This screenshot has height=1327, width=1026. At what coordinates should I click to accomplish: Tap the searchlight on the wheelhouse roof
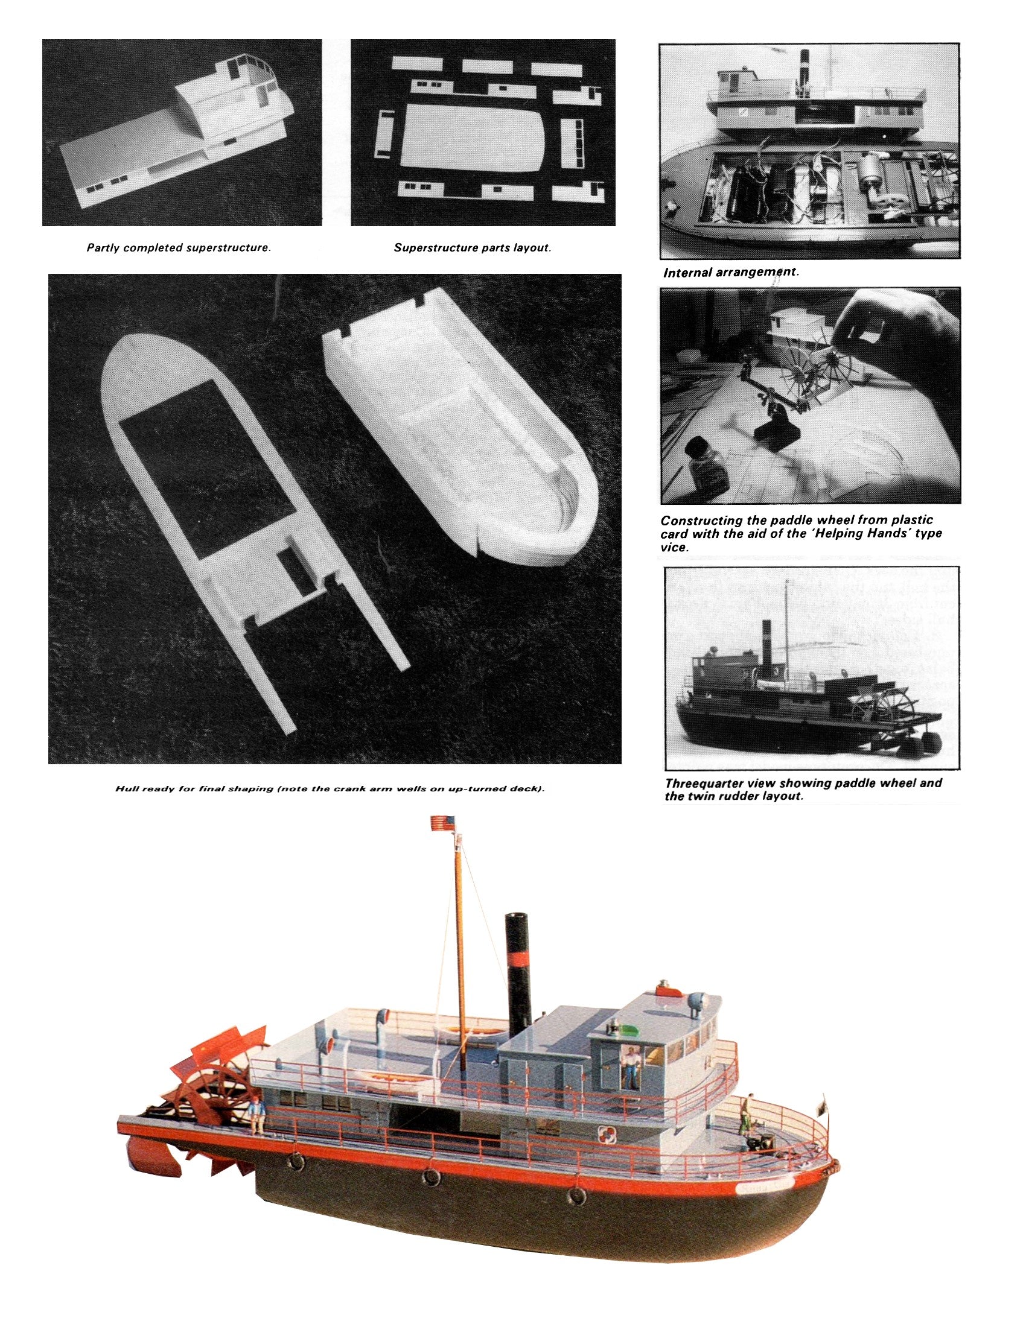[x=693, y=1003]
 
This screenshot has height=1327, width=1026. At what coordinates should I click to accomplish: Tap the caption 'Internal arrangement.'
[x=731, y=272]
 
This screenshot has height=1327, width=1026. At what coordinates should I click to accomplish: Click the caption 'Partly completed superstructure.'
[x=178, y=248]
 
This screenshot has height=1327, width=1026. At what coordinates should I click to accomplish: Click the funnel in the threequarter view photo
[x=767, y=644]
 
